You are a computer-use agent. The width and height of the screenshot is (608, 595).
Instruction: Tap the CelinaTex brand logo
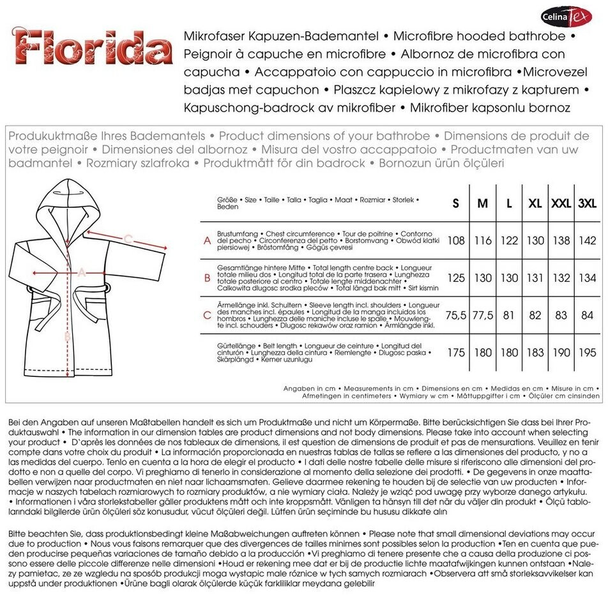[x=566, y=16]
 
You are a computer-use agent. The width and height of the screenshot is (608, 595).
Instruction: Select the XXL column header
[x=561, y=203]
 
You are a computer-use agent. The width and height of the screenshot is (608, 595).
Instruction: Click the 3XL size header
[x=588, y=203]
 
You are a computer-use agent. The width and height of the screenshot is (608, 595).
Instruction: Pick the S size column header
[x=455, y=203]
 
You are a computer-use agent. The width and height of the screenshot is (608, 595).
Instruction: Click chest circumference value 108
[x=455, y=241]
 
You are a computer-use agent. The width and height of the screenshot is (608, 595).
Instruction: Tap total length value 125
[x=455, y=279]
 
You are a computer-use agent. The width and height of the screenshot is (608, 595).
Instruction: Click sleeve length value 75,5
[x=455, y=316]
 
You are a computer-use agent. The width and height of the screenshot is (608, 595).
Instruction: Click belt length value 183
[x=535, y=353]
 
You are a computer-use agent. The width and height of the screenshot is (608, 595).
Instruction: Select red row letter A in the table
[x=207, y=241]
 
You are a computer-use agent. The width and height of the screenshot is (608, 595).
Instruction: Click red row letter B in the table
[x=207, y=279]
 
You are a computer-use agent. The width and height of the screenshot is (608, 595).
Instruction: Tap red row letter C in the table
[x=207, y=316]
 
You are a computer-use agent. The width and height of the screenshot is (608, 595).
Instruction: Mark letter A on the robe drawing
[x=81, y=272]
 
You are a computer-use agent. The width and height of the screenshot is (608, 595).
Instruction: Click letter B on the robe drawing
[x=68, y=336]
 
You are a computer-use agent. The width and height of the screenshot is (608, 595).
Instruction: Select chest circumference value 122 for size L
[x=509, y=241]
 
